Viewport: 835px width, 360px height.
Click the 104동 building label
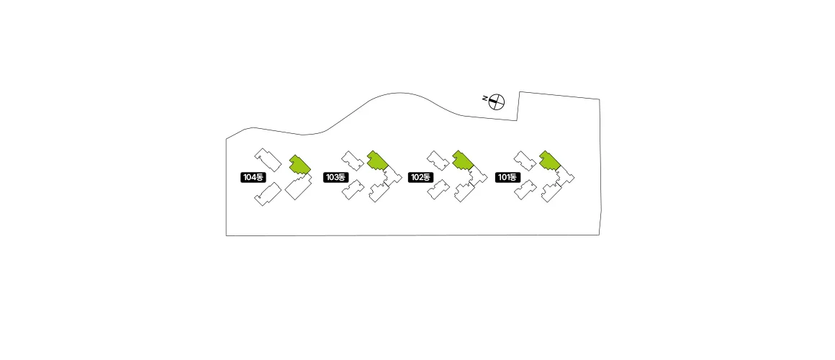tap(253, 177)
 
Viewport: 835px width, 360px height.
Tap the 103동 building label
tap(336, 177)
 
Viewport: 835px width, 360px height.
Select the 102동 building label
tap(420, 177)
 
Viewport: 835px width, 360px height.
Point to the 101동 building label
tap(508, 177)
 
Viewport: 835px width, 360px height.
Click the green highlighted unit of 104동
tap(300, 165)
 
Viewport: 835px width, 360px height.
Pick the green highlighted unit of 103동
tap(378, 161)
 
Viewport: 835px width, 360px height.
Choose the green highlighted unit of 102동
tap(463, 161)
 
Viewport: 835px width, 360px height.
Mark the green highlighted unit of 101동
tap(550, 161)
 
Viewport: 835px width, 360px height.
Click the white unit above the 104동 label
tap(268, 160)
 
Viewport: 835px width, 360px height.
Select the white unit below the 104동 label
tap(268, 194)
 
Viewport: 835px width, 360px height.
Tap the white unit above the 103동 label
tap(353, 161)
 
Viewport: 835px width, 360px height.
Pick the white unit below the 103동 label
tap(353, 189)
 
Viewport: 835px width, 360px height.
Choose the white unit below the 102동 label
tap(438, 189)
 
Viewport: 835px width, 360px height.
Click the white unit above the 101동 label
tap(525, 161)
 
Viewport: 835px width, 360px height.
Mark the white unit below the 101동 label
tap(525, 189)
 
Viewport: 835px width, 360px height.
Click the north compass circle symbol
tap(497, 102)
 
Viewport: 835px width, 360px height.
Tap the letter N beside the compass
tap(484, 98)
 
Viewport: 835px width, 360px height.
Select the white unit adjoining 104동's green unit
tap(299, 187)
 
